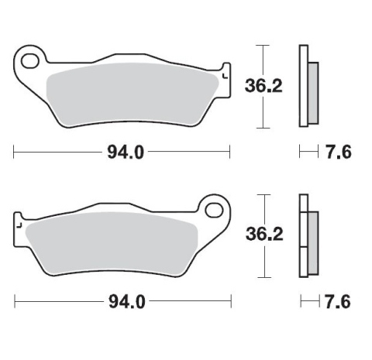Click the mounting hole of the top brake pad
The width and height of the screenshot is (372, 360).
pyautogui.click(x=31, y=59)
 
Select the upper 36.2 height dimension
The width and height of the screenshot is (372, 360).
pyautogui.click(x=264, y=86)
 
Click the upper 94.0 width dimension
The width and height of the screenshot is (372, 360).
pyautogui.click(x=125, y=152)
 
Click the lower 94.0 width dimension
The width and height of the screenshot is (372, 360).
pyautogui.click(x=125, y=300)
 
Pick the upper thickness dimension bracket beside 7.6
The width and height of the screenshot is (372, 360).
pyautogui.click(x=308, y=152)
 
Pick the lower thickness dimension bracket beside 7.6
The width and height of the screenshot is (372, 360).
pyautogui.click(x=308, y=300)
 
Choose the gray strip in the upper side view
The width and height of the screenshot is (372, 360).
pyautogui.click(x=312, y=86)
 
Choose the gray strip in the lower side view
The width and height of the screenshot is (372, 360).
pyautogui.click(x=312, y=237)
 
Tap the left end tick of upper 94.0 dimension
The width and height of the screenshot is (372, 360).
pyautogui.click(x=14, y=152)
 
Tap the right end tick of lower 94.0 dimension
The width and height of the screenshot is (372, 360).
pyautogui.click(x=230, y=300)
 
